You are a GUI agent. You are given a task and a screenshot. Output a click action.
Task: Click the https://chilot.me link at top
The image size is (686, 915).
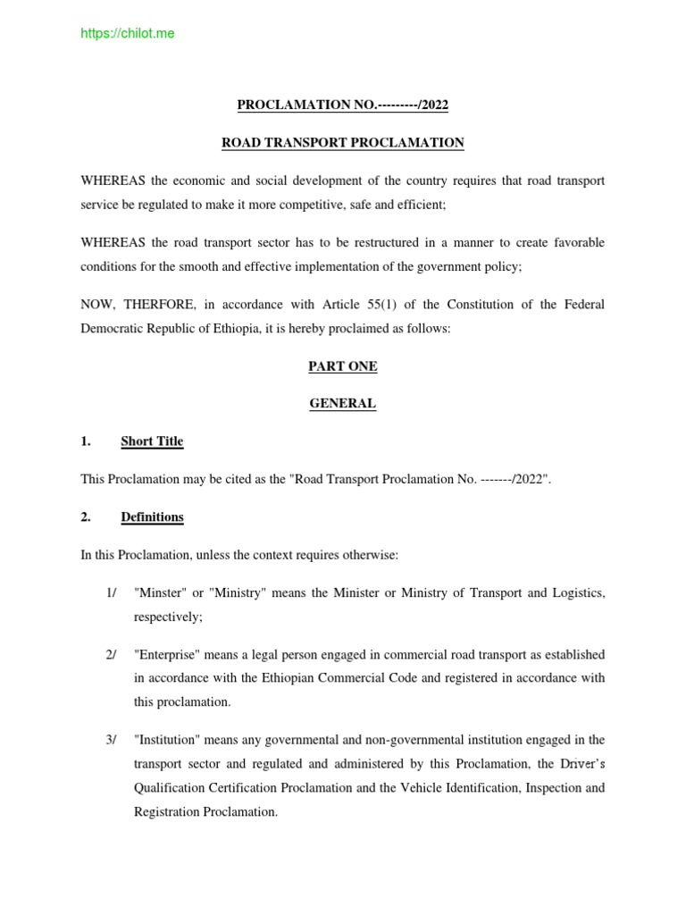[x=128, y=34]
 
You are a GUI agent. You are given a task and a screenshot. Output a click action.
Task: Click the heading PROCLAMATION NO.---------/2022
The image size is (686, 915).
[x=342, y=105]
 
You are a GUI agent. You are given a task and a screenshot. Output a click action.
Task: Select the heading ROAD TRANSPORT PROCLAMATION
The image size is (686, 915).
[x=342, y=143]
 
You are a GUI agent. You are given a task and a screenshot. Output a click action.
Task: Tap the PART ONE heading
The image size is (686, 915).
[x=342, y=366]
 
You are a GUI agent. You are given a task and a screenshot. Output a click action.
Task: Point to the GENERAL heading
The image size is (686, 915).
[x=342, y=404]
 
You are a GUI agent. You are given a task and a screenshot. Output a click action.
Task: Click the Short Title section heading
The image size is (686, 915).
[x=152, y=441]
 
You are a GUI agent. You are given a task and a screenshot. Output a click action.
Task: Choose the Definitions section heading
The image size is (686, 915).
[x=152, y=517]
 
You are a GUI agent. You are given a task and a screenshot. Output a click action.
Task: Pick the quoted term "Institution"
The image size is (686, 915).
[x=167, y=739]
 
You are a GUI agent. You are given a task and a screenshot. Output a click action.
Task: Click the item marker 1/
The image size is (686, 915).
[x=111, y=593]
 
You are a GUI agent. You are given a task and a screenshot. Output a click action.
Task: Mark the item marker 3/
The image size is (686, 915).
[x=111, y=739]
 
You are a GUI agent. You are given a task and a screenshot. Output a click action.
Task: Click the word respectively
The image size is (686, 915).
[x=168, y=617]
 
